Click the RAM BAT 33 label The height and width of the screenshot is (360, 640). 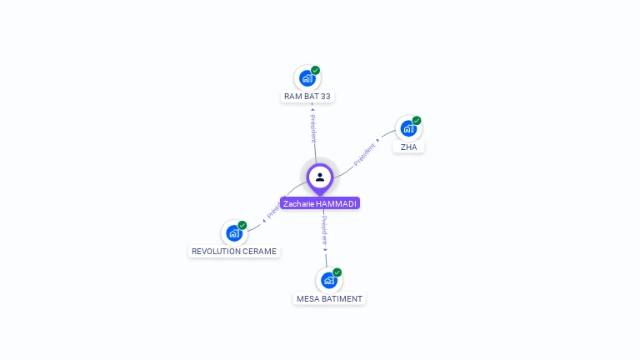(x=307, y=97)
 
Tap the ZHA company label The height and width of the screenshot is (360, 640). (x=408, y=147)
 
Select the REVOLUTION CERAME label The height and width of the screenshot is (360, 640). (x=233, y=251)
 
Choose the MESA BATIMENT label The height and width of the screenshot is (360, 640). (x=329, y=298)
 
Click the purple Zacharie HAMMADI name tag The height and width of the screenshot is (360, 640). (x=320, y=203)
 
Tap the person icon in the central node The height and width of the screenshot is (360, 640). (x=320, y=177)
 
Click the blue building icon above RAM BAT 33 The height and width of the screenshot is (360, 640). (x=307, y=78)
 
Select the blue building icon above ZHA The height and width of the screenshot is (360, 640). (x=407, y=128)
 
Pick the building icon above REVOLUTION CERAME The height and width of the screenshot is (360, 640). (x=234, y=233)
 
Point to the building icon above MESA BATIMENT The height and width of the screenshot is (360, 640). (x=328, y=280)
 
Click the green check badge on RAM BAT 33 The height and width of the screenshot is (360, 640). (x=316, y=70)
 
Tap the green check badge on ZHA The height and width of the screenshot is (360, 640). (x=417, y=120)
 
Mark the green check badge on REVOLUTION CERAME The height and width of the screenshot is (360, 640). (x=242, y=225)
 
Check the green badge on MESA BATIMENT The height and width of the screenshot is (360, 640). (x=337, y=272)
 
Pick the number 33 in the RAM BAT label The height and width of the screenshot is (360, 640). (x=325, y=97)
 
